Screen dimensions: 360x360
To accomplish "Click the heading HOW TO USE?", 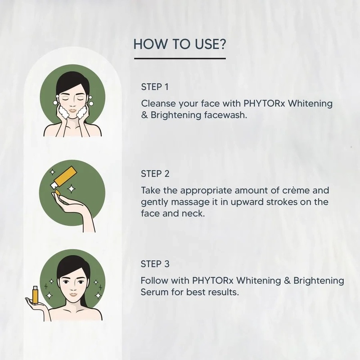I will (x=180, y=45).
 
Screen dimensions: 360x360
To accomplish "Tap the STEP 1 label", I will (x=155, y=86).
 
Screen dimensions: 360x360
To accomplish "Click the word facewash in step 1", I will (x=227, y=115).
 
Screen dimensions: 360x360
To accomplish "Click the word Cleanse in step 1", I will (x=158, y=103).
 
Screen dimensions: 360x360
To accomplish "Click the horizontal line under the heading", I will (x=180, y=58).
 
